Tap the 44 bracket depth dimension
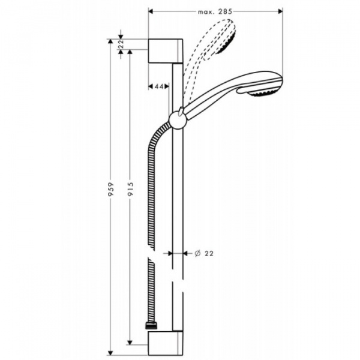point(159,86)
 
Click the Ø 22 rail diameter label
point(205,253)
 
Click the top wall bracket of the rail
point(163,50)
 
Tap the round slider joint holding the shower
point(178,118)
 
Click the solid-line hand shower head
point(258,85)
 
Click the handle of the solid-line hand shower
point(210,101)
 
